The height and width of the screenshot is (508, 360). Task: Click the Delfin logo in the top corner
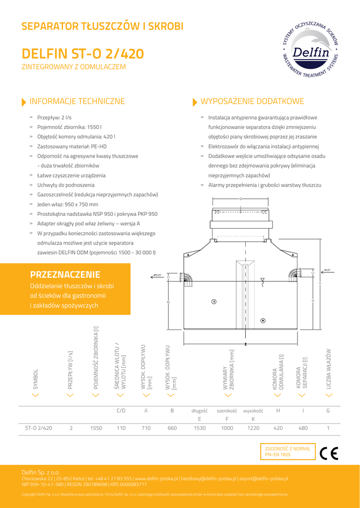coord(310,51)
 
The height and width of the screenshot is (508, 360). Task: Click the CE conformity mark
coord(329,453)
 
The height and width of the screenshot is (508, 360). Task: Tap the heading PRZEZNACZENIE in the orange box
coord(65,274)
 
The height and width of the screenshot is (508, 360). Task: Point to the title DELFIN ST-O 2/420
coord(83,54)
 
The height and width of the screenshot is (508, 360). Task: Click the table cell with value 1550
coord(96,428)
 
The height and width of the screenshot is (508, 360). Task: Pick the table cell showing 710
coord(146,428)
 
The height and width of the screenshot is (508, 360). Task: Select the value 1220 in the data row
coord(253,428)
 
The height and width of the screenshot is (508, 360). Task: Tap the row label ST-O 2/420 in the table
coord(38,428)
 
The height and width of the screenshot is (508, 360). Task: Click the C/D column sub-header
coord(121,411)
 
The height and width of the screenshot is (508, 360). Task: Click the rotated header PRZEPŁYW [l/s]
coord(71,369)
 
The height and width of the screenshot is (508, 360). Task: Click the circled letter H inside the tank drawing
coord(263,320)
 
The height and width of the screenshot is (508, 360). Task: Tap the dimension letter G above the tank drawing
coord(240,199)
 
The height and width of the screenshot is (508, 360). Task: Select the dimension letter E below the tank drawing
coord(246,343)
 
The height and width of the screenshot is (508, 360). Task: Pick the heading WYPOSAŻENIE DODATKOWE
coord(252,102)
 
